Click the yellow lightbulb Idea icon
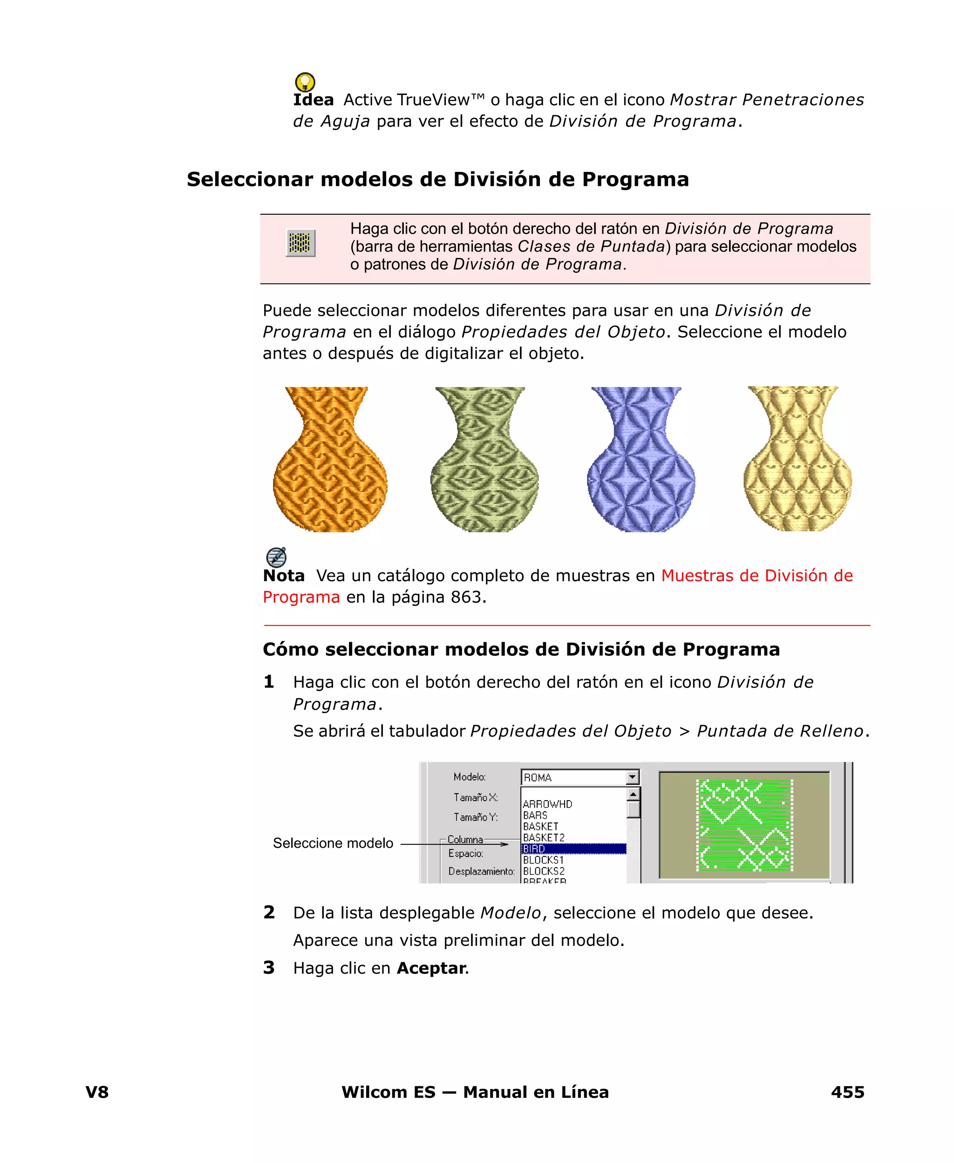click(x=305, y=82)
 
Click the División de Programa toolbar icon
click(x=300, y=243)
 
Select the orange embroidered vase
click(x=330, y=460)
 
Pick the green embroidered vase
click(x=484, y=460)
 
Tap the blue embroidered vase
click(x=641, y=460)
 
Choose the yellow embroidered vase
click(x=797, y=460)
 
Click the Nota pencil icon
click(x=276, y=557)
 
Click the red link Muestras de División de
click(x=756, y=575)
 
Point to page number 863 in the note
click(x=465, y=597)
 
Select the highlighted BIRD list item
click(x=573, y=849)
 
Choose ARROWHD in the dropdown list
click(x=547, y=804)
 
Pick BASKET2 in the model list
click(x=544, y=838)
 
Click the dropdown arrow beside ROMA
click(x=633, y=777)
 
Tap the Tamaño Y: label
click(x=475, y=817)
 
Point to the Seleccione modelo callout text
click(x=333, y=843)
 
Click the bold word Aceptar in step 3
click(x=431, y=968)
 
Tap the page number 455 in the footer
click(x=847, y=1092)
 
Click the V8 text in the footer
click(x=97, y=1092)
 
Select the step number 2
click(x=269, y=912)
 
